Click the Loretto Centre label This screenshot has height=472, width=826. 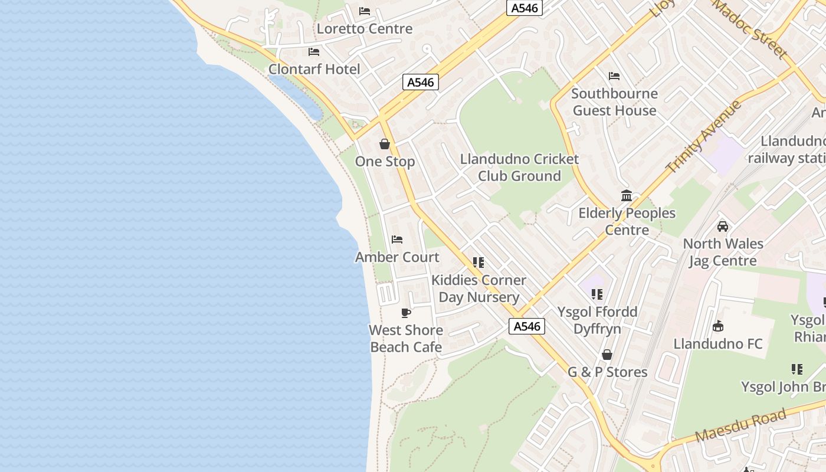pos(365,28)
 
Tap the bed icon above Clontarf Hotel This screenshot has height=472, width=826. pos(314,52)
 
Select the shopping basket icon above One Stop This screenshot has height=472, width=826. pos(385,144)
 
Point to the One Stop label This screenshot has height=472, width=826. pos(385,161)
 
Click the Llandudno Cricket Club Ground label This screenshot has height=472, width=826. pos(519,168)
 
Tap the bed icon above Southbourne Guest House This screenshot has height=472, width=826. pos(614,76)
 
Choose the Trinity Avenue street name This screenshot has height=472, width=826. pos(704,136)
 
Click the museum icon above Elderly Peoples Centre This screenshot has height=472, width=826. pos(627,196)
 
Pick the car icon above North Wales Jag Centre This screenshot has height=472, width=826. pos(723,226)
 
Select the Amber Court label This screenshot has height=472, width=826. pos(397,257)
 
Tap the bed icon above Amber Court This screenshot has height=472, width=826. pos(397,240)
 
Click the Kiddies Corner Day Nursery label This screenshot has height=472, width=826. pos(478,289)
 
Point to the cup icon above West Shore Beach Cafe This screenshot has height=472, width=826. pos(406,313)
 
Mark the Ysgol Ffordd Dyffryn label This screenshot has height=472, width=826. pos(597,320)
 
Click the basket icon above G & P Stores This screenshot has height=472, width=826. pos(607,355)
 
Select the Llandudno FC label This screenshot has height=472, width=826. pos(718,343)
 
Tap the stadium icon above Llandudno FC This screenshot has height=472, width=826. pos(718,326)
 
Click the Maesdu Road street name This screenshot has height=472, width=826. pos(740,425)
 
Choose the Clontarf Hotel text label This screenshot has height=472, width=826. pos(314,69)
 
